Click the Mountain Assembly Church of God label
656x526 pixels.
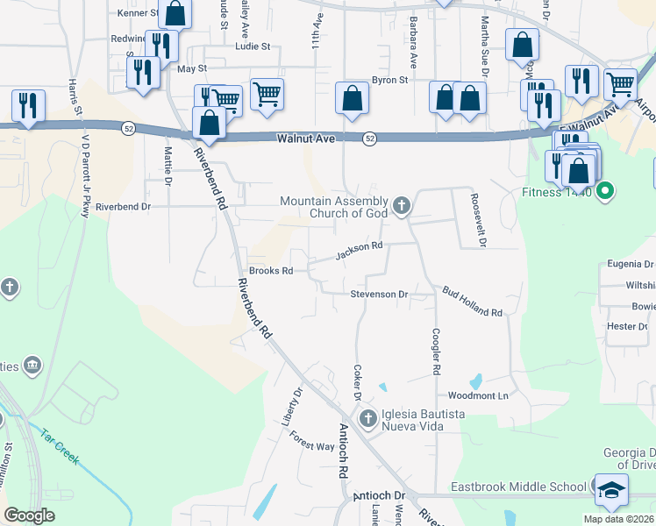point(334,207)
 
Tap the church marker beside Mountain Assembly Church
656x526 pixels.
point(402,206)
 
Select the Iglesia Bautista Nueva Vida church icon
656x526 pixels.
point(367,418)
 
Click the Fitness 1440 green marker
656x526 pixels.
point(604,190)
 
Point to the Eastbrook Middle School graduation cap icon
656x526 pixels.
point(610,488)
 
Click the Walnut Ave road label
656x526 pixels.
point(306,139)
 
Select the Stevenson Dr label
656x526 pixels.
point(380,295)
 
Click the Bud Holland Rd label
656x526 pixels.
point(472,302)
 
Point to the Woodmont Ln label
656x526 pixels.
point(479,395)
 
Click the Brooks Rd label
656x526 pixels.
point(270,271)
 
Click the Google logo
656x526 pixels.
point(29,515)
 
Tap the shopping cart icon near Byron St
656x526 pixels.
point(267,93)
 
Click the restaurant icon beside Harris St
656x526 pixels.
point(28,105)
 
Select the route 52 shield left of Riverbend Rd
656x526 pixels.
point(128,128)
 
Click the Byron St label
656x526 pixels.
point(390,80)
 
